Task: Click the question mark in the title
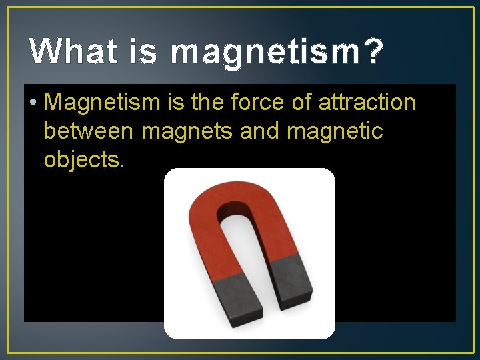click(375, 51)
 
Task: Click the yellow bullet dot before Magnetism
click(33, 103)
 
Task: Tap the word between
click(89, 131)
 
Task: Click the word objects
click(84, 161)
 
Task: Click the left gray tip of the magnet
click(234, 297)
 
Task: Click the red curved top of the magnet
click(240, 200)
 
